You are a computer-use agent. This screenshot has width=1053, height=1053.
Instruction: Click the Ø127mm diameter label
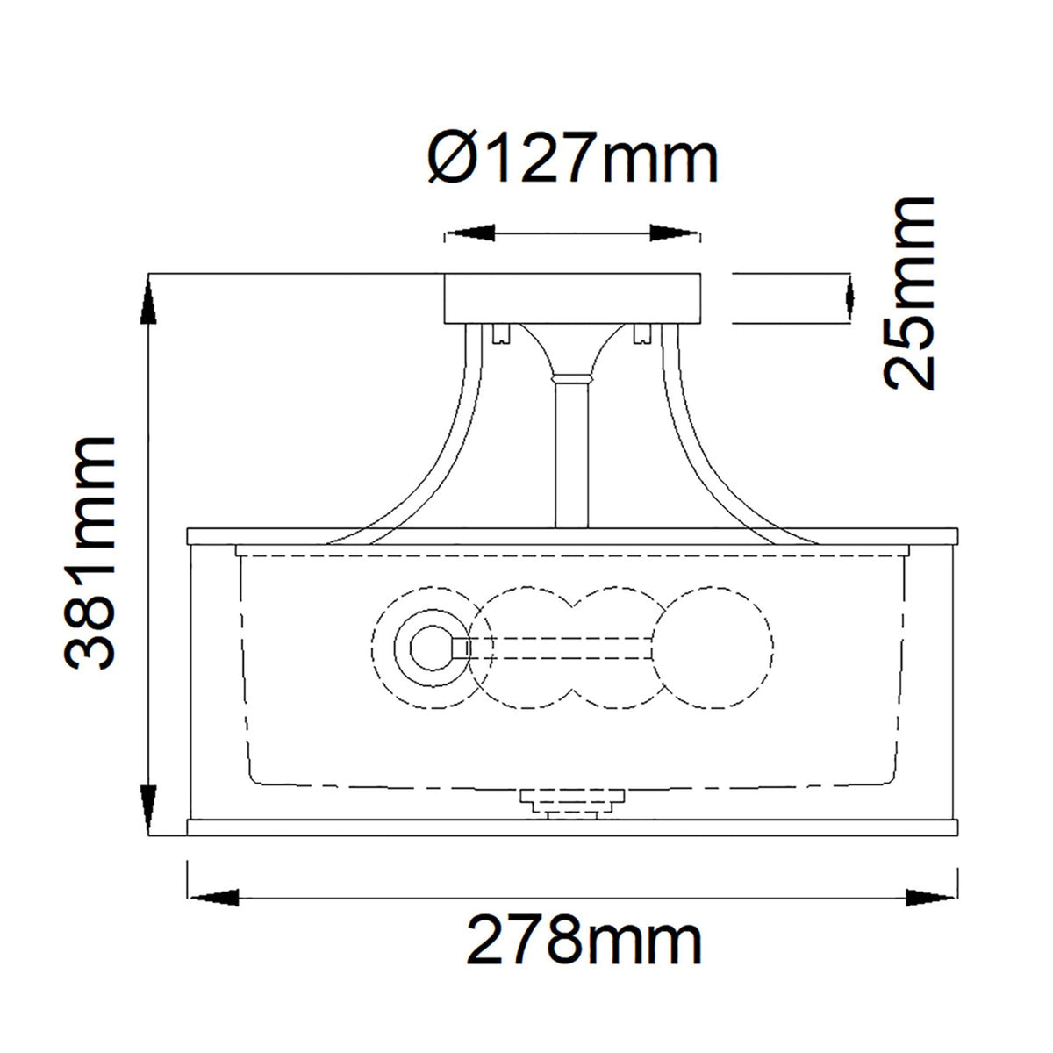pos(575,159)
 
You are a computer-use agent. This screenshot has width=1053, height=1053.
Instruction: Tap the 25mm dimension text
pos(909,294)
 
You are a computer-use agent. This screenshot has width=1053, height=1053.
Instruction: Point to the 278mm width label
pos(584,942)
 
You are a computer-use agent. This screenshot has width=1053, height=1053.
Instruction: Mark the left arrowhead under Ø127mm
pos(469,234)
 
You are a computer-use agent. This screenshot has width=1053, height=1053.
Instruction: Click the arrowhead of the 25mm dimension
pos(848,298)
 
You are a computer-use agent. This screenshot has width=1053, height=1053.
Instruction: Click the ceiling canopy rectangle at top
pos(573,299)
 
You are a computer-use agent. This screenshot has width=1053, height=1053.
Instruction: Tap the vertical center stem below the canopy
pos(573,456)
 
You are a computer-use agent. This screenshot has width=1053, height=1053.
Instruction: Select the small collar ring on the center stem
pos(573,378)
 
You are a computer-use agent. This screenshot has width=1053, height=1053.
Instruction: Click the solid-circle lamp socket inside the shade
pos(430,649)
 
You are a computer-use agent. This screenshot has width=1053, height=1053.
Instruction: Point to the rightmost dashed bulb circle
pos(713,648)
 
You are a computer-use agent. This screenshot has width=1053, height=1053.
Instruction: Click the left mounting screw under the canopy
pos(502,334)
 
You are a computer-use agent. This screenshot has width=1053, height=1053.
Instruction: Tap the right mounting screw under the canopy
pos(641,334)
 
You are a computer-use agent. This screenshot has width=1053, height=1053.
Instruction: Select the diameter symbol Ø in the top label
pos(453,159)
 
